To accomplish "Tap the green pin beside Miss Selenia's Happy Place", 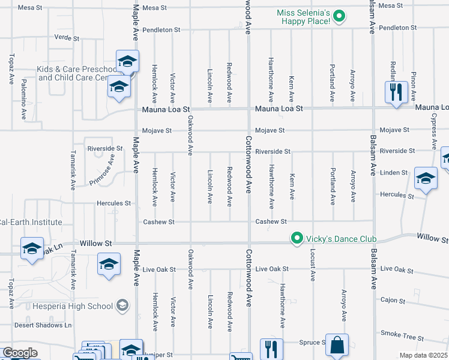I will click(339, 17).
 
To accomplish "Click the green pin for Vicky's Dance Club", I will click(296, 239).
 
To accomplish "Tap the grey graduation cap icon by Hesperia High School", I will click(122, 306).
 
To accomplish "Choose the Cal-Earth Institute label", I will click(31, 222).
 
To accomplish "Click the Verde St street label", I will click(67, 38).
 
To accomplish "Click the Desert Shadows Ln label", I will click(43, 325).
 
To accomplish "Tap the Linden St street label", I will click(394, 173).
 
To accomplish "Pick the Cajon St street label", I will click(393, 299).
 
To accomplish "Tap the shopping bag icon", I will click(337, 345).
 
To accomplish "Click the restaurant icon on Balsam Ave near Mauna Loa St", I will click(396, 92).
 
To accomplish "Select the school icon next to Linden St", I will click(426, 178).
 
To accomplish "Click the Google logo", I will click(20, 353).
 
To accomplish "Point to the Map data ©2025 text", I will click(423, 355).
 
